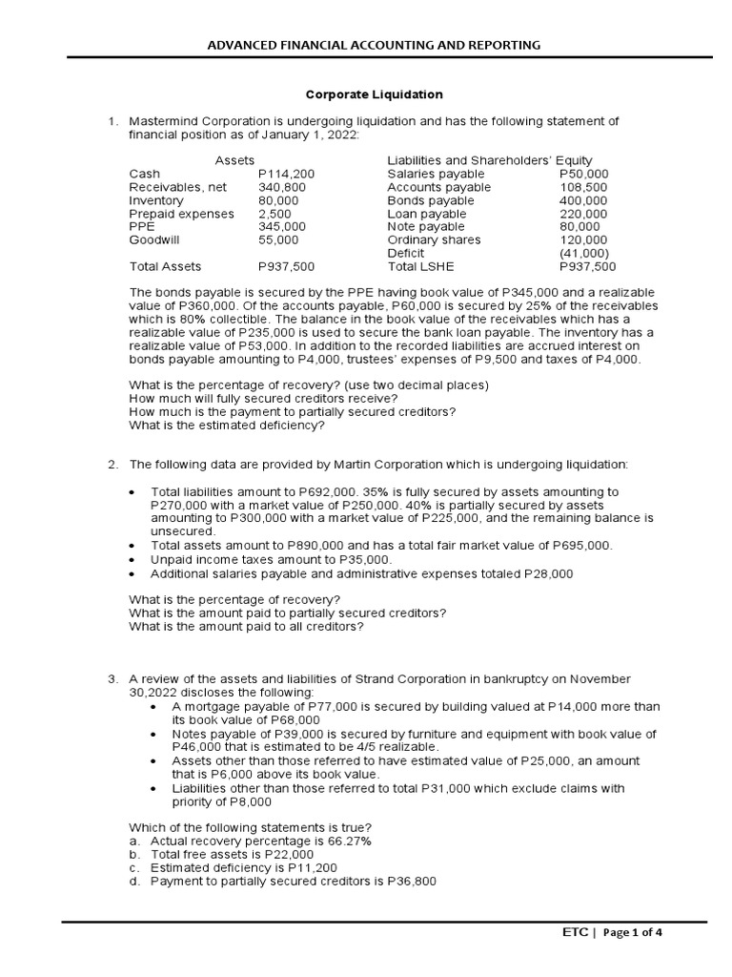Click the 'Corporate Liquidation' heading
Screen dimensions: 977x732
pyautogui.click(x=374, y=95)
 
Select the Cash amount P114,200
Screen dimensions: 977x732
pyautogui.click(x=286, y=175)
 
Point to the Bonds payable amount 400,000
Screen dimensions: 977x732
pyautogui.click(x=583, y=201)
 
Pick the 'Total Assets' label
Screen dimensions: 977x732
pyautogui.click(x=165, y=267)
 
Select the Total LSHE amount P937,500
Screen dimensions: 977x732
pyautogui.click(x=588, y=267)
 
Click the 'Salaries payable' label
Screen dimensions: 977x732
pyautogui.click(x=436, y=175)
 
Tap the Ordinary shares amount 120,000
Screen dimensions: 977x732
pyautogui.click(x=583, y=241)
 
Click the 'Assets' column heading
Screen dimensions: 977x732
pyautogui.click(x=234, y=160)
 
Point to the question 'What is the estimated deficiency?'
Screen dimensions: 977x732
pyautogui.click(x=227, y=426)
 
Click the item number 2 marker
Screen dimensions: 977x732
pyautogui.click(x=112, y=465)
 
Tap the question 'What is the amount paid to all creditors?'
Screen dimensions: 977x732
pyautogui.click(x=246, y=627)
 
